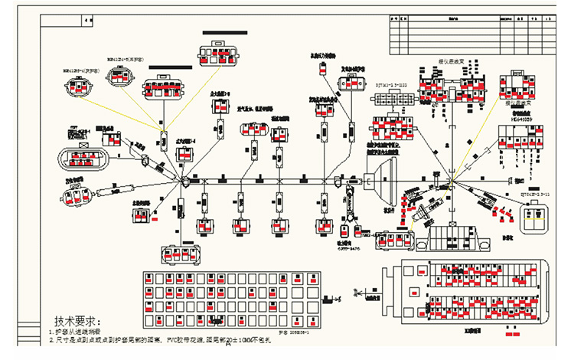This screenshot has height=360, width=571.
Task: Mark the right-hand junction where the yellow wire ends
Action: pos(452,182)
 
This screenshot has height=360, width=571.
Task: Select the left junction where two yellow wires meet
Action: pos(186,182)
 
